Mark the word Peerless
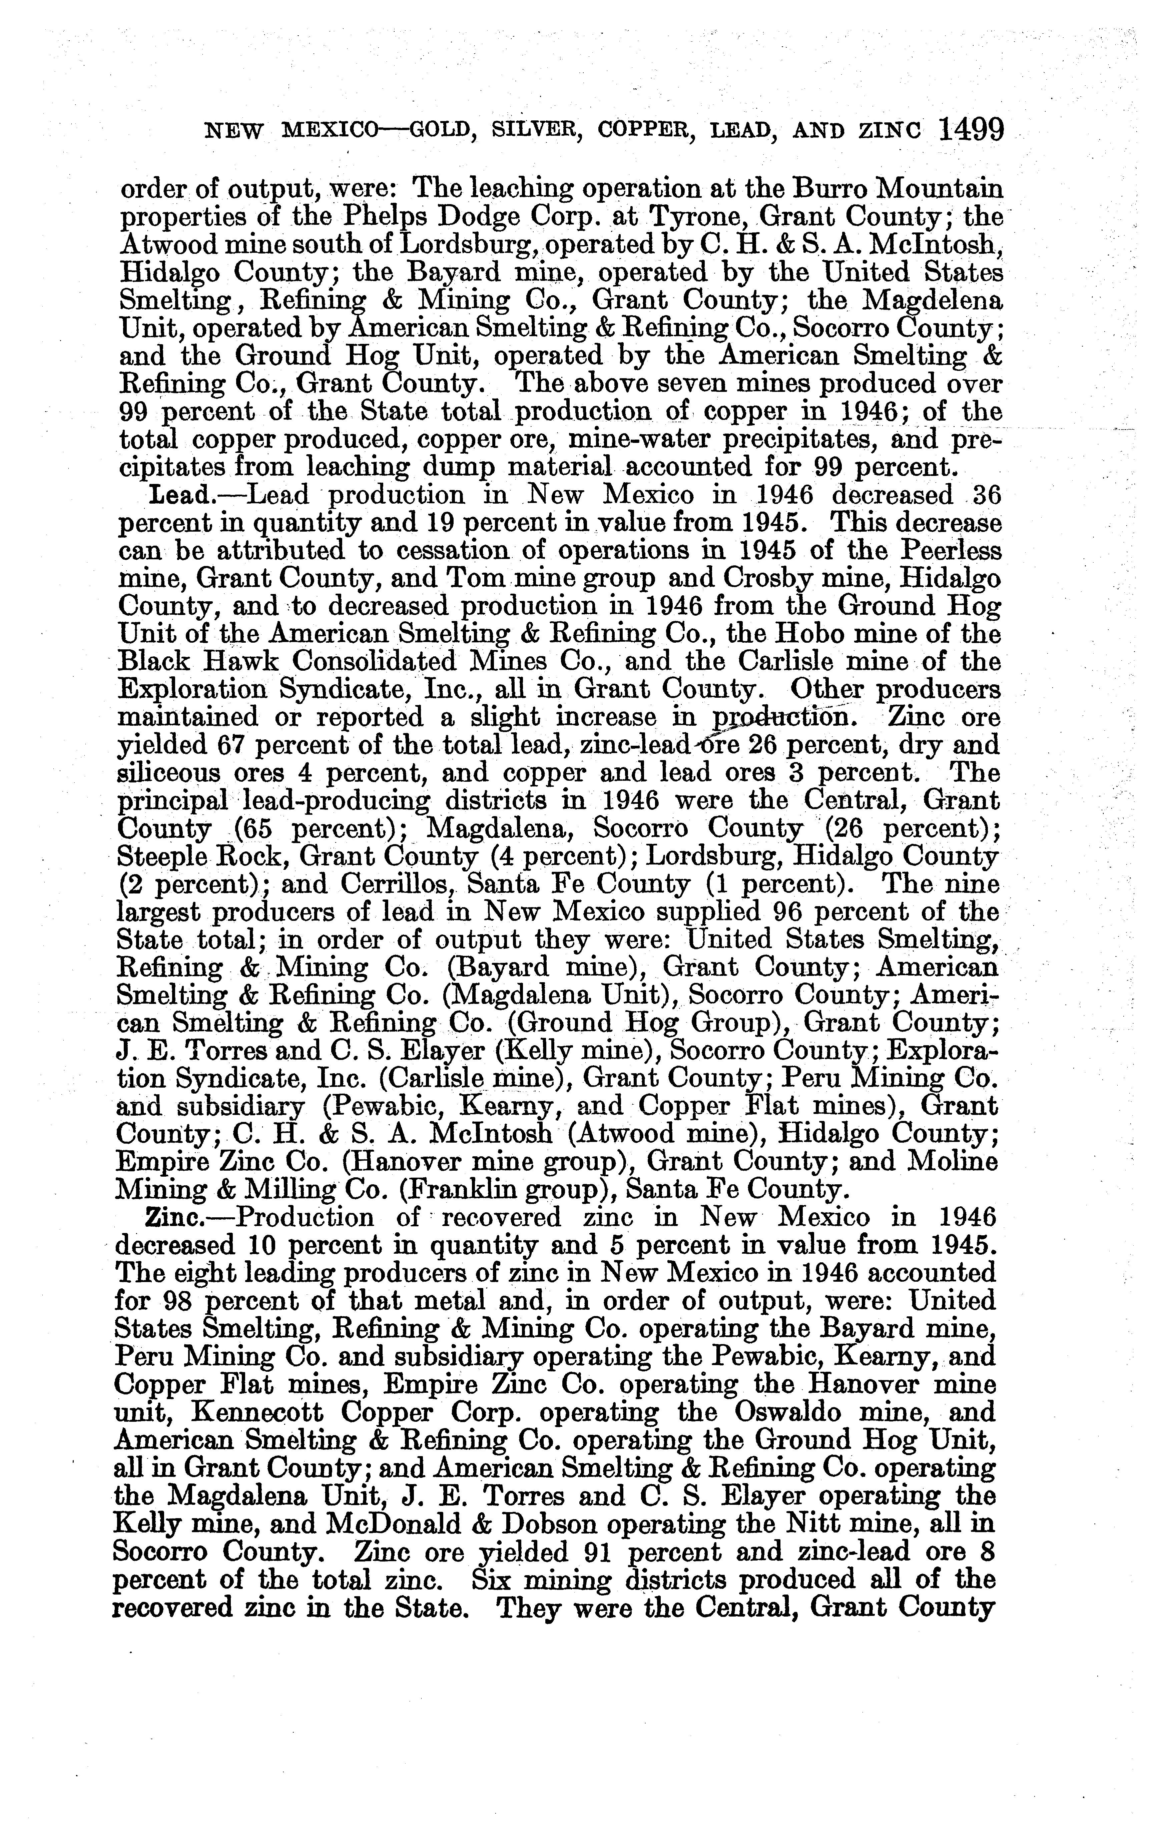[951, 552]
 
